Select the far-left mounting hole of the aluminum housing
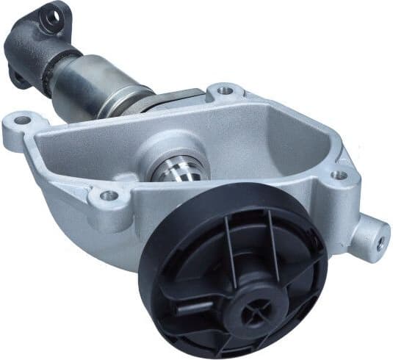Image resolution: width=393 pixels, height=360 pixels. (x=23, y=119)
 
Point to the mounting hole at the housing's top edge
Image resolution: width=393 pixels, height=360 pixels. (x=226, y=92)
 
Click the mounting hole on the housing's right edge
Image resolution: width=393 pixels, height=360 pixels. (x=339, y=175)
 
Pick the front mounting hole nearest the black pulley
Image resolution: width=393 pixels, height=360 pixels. (x=108, y=195)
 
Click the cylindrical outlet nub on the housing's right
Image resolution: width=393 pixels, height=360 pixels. (x=367, y=235)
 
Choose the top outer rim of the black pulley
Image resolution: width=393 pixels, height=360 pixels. (x=242, y=192)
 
